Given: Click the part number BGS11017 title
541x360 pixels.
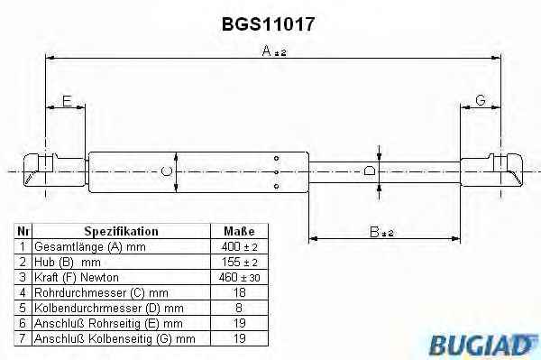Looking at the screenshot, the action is [268, 24].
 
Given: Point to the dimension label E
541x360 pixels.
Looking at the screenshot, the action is [67, 101].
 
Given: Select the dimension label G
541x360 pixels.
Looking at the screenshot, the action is [481, 100].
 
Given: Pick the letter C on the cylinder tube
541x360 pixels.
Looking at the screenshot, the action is [167, 171].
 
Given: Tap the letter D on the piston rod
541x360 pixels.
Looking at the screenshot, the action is [370, 171].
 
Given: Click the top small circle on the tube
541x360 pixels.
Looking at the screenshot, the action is [277, 159].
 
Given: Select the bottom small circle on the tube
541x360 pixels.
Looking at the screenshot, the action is [277, 187].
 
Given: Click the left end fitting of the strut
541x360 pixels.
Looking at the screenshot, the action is [54, 171].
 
